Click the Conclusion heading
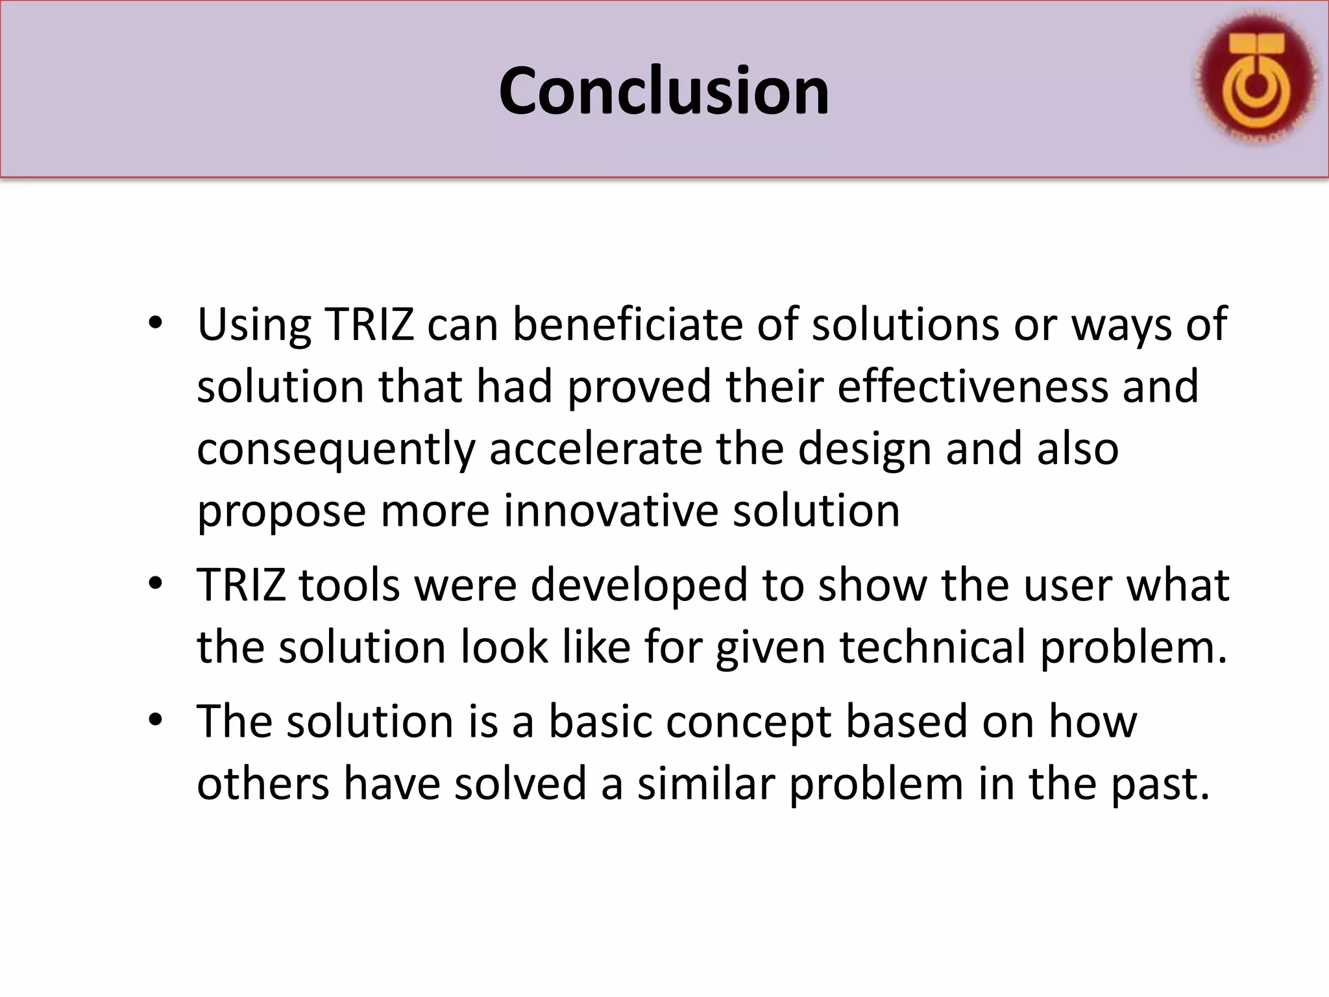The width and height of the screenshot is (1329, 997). (x=664, y=92)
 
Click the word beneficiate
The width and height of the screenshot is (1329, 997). (x=628, y=324)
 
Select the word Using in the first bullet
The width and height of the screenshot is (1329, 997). (x=254, y=324)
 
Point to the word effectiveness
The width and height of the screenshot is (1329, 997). (x=973, y=386)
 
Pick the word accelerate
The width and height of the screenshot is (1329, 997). (x=595, y=449)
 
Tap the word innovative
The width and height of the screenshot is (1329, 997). (x=611, y=511)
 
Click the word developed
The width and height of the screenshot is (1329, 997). (x=639, y=585)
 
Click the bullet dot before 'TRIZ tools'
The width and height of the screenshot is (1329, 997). (x=154, y=584)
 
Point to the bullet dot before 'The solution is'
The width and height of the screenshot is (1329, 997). (x=154, y=720)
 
